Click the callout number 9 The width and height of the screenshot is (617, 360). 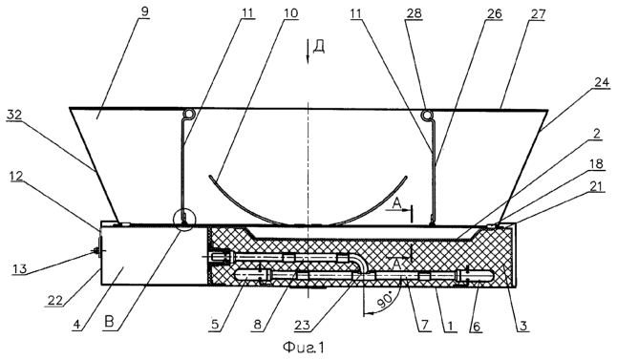[145, 11]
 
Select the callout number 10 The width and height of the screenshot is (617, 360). [290, 13]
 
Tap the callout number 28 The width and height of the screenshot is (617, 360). [414, 13]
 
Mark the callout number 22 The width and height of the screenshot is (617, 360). [57, 300]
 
